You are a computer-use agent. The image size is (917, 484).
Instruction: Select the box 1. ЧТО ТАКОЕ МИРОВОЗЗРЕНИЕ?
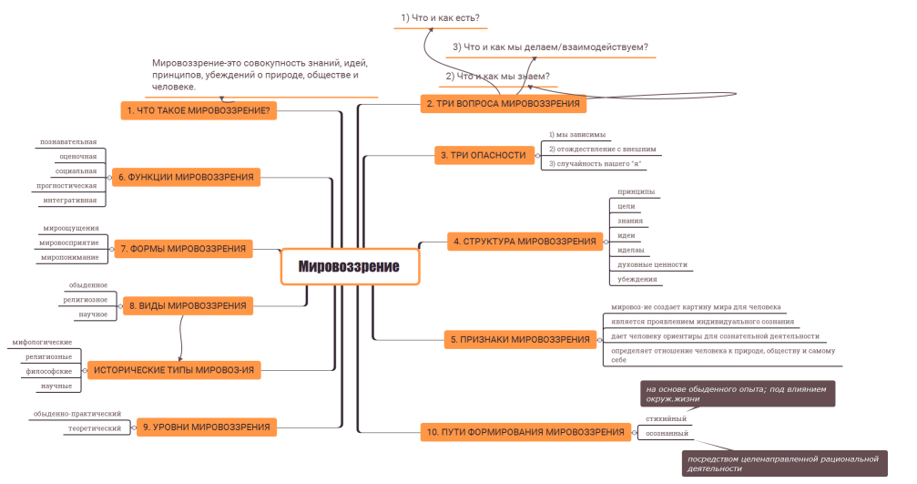click(198, 110)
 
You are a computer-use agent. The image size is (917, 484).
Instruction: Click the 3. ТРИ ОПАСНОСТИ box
click(483, 155)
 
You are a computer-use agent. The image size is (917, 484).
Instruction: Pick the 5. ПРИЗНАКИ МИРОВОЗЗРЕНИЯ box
click(520, 340)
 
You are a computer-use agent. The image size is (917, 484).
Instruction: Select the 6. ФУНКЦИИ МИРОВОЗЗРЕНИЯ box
click(185, 176)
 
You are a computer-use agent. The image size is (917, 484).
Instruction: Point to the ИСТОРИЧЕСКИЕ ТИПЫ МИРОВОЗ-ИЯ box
click(173, 370)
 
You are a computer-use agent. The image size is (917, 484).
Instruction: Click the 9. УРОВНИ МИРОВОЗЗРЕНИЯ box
click(205, 426)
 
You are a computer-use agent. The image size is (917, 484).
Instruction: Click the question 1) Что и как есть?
click(441, 17)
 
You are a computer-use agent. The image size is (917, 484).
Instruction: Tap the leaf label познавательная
click(68, 142)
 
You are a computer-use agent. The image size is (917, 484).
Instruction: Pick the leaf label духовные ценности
click(652, 264)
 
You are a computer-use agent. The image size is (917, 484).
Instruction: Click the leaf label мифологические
click(42, 342)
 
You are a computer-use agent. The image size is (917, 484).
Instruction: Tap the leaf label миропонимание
click(69, 257)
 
